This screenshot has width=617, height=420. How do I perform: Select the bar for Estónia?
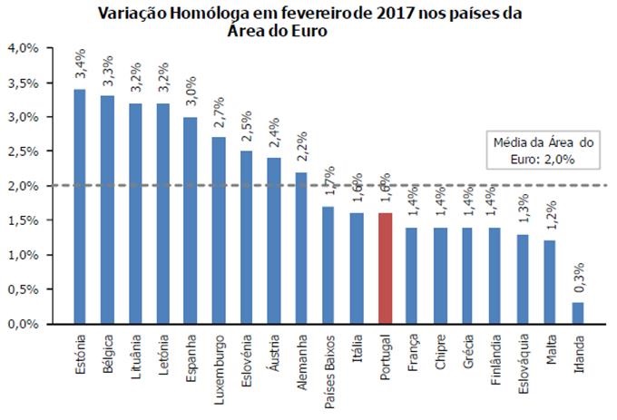[x=80, y=206]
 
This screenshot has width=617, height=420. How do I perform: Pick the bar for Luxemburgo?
[x=218, y=230]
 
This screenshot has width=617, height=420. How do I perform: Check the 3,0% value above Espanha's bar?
[x=191, y=94]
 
